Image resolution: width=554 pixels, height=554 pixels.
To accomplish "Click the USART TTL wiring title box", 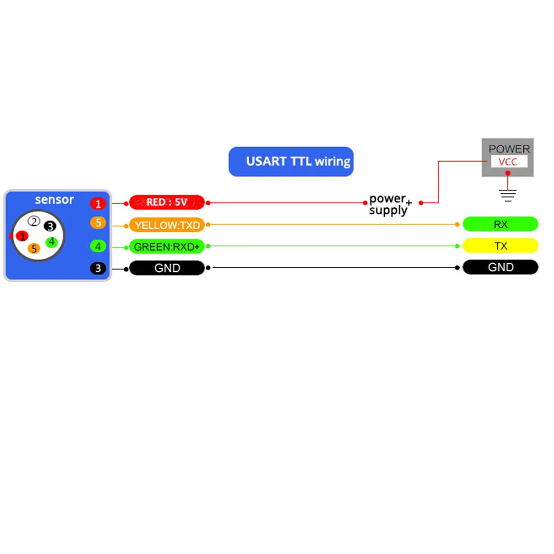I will point(291,162).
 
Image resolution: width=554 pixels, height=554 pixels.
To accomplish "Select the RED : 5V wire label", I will point(167,203).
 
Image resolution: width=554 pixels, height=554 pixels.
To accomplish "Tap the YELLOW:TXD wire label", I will point(167,225).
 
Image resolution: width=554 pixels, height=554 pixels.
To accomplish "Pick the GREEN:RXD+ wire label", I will point(167,247).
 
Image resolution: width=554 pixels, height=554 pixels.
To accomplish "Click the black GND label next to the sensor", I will point(167,268).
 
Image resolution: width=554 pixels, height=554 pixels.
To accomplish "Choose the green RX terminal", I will point(500,224).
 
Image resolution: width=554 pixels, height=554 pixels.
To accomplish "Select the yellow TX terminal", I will point(500,246).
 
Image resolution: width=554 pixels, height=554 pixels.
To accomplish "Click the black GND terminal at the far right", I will point(500,267).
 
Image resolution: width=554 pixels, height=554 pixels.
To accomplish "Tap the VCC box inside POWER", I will point(508,162).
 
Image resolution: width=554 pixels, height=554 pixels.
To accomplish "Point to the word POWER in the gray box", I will point(509,149).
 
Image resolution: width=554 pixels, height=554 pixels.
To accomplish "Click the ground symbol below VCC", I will point(508,194).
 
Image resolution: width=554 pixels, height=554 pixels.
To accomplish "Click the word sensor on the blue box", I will point(54,200).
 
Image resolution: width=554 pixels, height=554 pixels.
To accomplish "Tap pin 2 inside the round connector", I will point(34,222).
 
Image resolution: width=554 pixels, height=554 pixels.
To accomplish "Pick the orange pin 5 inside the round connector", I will point(34,249).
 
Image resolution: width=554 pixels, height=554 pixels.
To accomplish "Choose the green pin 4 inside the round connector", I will point(51,242).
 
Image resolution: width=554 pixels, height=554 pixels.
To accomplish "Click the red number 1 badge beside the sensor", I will point(98,204).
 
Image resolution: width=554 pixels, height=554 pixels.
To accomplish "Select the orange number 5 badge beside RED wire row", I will point(97,223).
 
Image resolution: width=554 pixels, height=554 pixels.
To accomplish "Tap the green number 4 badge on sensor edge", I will point(97,246).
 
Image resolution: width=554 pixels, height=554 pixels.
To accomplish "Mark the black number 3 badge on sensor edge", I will point(97,268).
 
